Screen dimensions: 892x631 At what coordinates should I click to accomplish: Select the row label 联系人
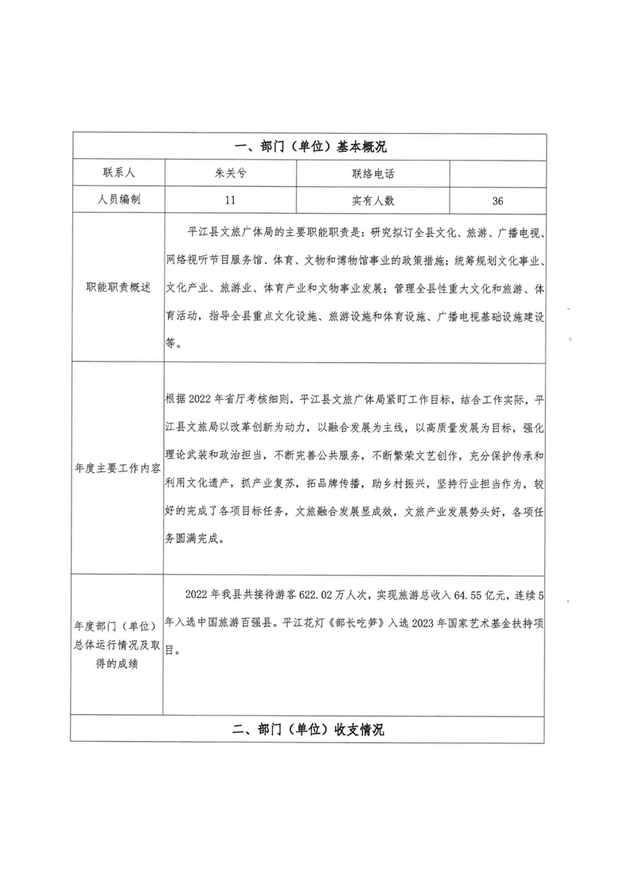[x=118, y=173]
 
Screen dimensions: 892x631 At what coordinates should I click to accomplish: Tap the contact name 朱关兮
[x=230, y=173]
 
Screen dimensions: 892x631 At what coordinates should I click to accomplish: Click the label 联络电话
[x=373, y=173]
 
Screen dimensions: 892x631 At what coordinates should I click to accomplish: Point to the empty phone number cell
[x=498, y=173]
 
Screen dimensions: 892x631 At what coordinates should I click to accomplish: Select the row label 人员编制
[x=118, y=200]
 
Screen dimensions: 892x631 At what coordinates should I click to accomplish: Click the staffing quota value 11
[x=230, y=200]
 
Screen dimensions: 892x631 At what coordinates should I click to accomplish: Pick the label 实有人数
[x=373, y=200]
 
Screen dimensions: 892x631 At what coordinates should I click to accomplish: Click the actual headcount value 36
[x=498, y=200]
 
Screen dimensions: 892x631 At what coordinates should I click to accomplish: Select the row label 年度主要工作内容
[x=118, y=467]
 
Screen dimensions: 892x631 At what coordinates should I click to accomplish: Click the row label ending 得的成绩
[x=118, y=663]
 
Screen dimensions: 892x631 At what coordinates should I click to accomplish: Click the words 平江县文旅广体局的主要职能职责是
[x=271, y=231]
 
